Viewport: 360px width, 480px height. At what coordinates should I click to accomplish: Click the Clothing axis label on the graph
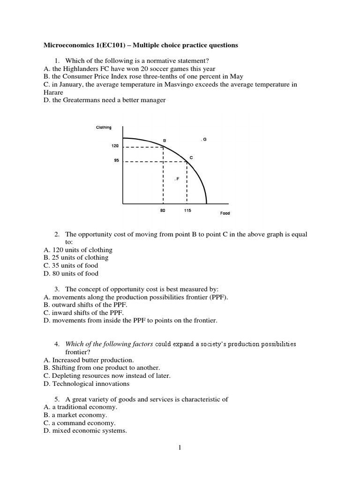pyautogui.click(x=104, y=127)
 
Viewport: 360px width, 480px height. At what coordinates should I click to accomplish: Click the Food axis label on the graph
pyautogui.click(x=225, y=213)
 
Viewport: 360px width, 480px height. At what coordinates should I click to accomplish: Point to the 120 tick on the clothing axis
pyautogui.click(x=115, y=146)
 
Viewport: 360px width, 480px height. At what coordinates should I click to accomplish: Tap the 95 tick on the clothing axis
pyautogui.click(x=116, y=161)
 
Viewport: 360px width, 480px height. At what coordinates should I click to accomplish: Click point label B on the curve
pyautogui.click(x=164, y=140)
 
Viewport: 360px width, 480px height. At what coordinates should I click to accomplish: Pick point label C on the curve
pyautogui.click(x=191, y=157)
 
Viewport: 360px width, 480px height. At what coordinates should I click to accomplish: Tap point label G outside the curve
pyautogui.click(x=204, y=140)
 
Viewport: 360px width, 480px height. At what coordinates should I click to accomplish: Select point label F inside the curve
pyautogui.click(x=177, y=179)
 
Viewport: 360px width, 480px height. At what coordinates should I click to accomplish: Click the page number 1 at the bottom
pyautogui.click(x=179, y=447)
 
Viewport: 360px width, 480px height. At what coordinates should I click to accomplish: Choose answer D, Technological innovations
pyautogui.click(x=86, y=384)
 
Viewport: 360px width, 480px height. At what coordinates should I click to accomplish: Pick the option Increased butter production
pyautogui.click(x=89, y=360)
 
